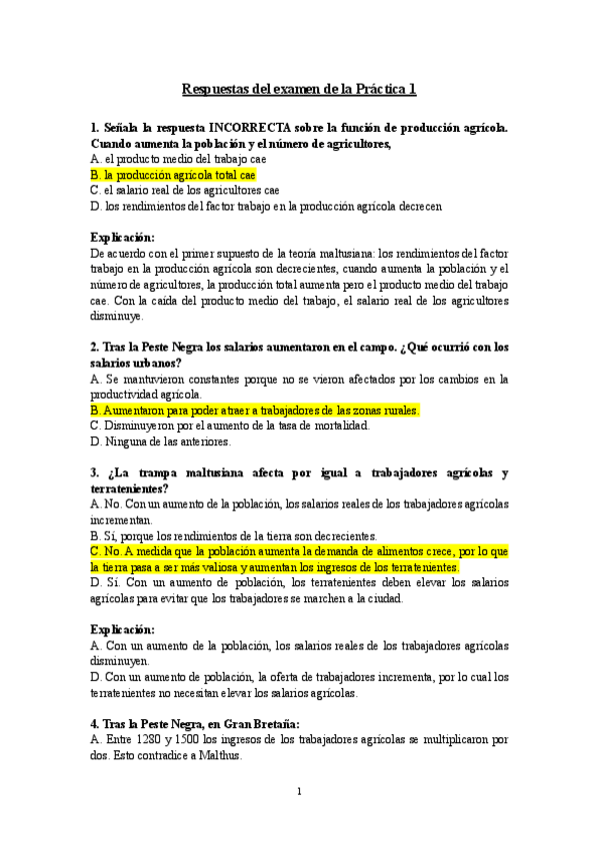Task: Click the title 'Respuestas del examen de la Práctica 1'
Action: [x=299, y=89]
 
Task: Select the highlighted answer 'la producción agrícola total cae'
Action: [x=172, y=174]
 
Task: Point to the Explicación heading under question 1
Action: [x=122, y=238]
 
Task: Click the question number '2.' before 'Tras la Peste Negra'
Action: [x=94, y=348]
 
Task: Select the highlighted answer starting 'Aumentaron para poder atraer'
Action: [x=254, y=411]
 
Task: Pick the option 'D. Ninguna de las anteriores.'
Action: [x=160, y=441]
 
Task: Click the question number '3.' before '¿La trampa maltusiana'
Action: [x=94, y=472]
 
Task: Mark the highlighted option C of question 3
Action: [x=299, y=558]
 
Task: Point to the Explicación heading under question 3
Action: [x=122, y=630]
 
